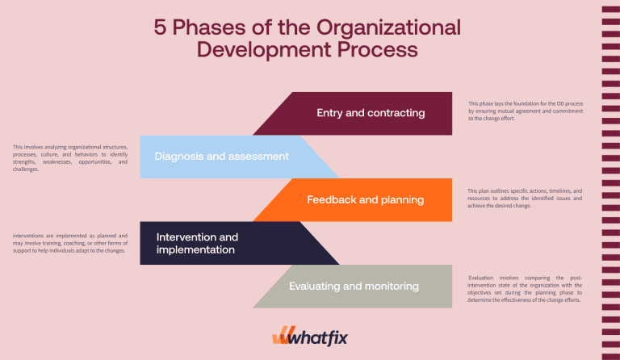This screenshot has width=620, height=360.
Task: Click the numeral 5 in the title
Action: (161, 27)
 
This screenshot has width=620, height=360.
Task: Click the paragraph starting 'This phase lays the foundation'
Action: (525, 111)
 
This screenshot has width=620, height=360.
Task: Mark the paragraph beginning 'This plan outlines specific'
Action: (525, 199)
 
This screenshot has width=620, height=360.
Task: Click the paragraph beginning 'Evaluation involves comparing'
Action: (525, 288)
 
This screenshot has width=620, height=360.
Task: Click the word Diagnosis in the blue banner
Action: (178, 156)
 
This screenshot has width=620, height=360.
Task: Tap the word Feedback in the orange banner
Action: (331, 199)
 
